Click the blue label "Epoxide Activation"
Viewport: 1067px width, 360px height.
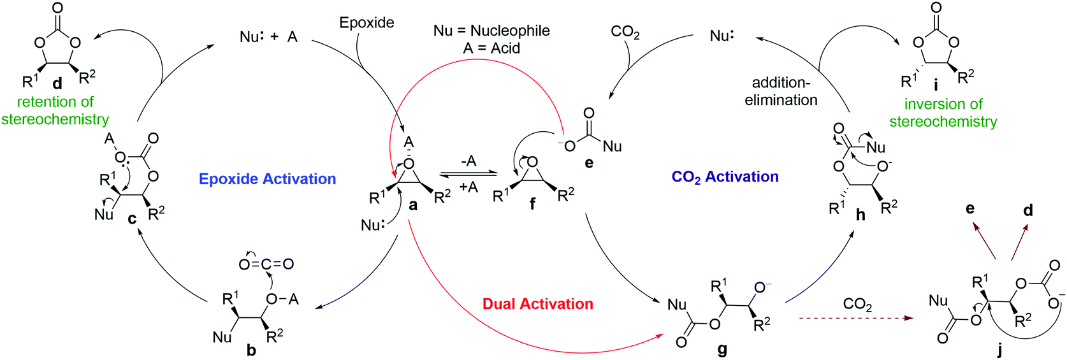(x=267, y=179)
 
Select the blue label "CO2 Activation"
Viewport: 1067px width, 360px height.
(x=725, y=177)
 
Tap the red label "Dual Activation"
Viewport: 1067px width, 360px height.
(x=537, y=304)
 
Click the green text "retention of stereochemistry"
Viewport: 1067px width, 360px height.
(x=55, y=111)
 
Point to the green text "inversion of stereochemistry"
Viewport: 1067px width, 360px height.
(x=943, y=113)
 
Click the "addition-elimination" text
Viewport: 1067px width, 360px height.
(x=781, y=91)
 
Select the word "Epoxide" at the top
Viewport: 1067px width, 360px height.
(x=367, y=23)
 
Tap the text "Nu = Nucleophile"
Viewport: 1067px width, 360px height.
(x=491, y=31)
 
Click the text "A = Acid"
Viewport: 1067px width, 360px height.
(x=491, y=48)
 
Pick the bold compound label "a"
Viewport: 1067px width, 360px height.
(x=413, y=205)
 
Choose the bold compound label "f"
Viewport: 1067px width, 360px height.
(x=532, y=205)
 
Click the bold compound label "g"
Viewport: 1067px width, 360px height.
(x=722, y=349)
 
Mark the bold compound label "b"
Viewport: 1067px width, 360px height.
(x=251, y=350)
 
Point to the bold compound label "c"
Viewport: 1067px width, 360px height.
(x=132, y=219)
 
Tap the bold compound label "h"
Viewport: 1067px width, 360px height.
(x=860, y=215)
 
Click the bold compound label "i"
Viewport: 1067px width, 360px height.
(x=936, y=85)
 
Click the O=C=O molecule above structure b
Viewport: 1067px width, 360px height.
(x=266, y=264)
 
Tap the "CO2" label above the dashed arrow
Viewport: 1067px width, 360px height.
(x=857, y=305)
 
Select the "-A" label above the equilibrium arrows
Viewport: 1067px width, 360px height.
(x=468, y=161)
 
